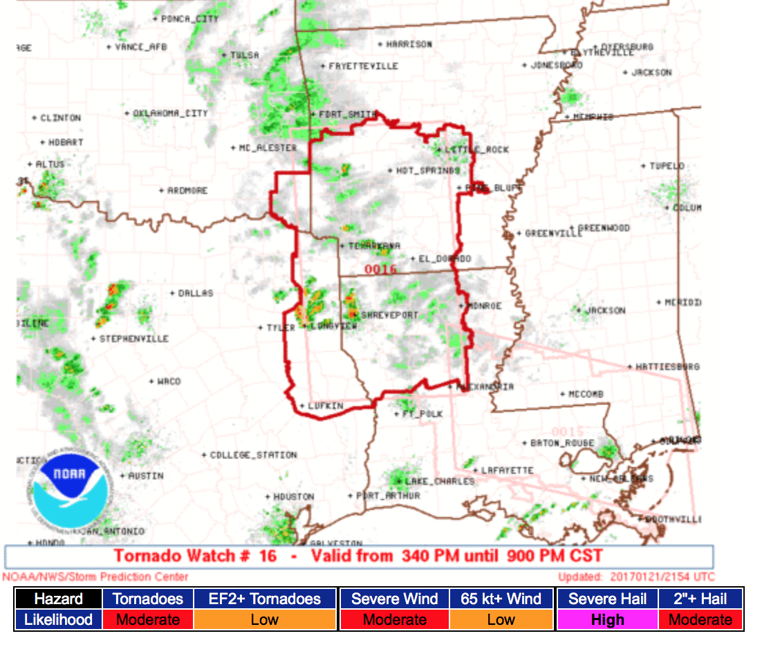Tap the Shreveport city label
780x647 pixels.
390,315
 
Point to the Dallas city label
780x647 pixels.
196,293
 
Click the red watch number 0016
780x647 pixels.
380,269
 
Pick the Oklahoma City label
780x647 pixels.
170,113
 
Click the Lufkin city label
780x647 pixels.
325,406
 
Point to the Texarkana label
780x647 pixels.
373,245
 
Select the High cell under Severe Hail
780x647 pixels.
607,619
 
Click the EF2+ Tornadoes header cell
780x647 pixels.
266,599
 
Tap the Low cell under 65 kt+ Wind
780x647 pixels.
501,619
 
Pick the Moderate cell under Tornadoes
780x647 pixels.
148,619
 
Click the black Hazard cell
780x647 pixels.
58,599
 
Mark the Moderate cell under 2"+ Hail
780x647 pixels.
700,619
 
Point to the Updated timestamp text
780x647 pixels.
636,576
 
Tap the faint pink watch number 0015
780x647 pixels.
567,432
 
